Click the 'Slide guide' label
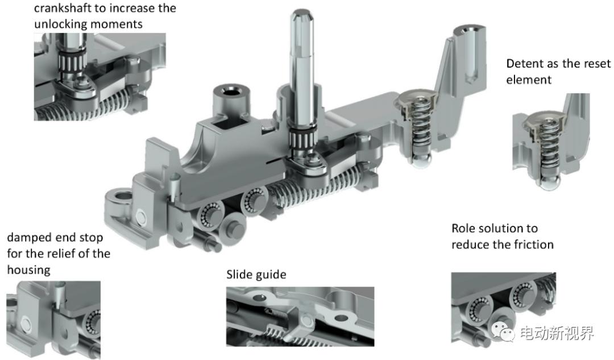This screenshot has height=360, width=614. click(256, 274)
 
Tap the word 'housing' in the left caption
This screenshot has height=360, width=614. click(28, 270)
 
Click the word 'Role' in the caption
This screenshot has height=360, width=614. click(464, 229)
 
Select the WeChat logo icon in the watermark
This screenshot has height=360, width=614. click(503, 332)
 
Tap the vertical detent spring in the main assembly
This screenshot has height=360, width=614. click(420, 125)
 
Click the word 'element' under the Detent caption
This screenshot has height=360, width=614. click(529, 80)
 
